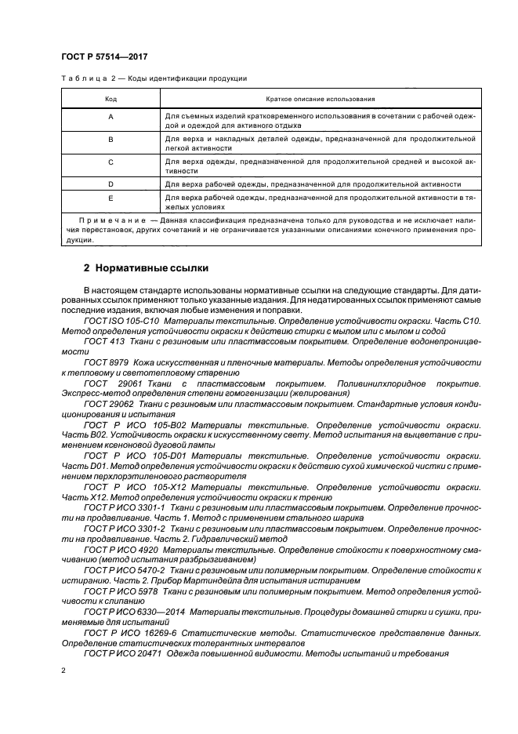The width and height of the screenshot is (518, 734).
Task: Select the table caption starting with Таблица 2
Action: [154, 78]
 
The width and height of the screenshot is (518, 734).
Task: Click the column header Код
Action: [110, 100]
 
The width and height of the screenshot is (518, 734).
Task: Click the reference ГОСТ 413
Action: [103, 343]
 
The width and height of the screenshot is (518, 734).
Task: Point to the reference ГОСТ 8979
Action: [105, 365]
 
